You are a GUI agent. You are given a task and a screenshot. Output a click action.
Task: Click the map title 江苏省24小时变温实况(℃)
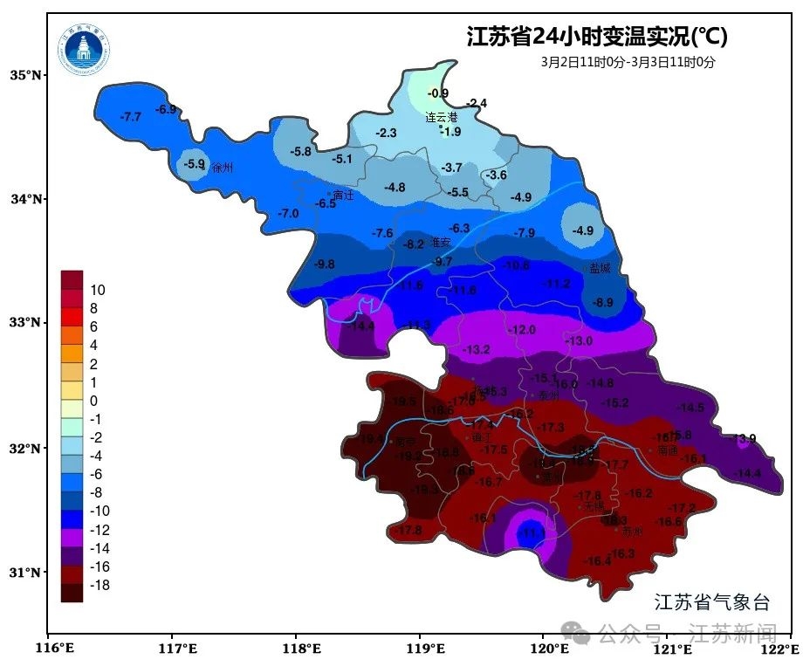pyautogui.click(x=596, y=37)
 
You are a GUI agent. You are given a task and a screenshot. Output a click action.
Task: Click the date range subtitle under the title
pyautogui.click(x=628, y=62)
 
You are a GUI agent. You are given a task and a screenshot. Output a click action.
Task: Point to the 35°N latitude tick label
pyautogui.click(x=24, y=76)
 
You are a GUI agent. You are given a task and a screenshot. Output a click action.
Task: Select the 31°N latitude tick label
pyautogui.click(x=24, y=573)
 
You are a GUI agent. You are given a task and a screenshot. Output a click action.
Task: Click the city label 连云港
pyautogui.click(x=441, y=117)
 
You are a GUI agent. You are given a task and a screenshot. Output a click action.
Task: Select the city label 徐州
pyautogui.click(x=223, y=168)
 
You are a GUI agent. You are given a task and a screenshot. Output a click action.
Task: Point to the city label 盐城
pyautogui.click(x=600, y=269)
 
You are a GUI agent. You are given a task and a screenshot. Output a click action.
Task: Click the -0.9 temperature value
pyautogui.click(x=438, y=93)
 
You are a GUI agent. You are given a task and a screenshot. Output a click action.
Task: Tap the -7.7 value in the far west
pyautogui.click(x=130, y=117)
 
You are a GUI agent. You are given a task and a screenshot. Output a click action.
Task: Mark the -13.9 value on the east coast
pyautogui.click(x=744, y=438)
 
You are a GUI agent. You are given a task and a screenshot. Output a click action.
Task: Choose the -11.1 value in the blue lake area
pyautogui.click(x=532, y=532)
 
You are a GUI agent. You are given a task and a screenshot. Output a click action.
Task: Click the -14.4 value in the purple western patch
pyautogui.click(x=361, y=326)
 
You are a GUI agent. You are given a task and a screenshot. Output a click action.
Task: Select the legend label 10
pyautogui.click(x=98, y=290)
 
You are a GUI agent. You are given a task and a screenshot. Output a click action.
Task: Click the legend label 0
pyautogui.click(x=94, y=401)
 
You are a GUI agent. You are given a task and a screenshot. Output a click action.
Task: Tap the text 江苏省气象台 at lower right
pyautogui.click(x=712, y=601)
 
